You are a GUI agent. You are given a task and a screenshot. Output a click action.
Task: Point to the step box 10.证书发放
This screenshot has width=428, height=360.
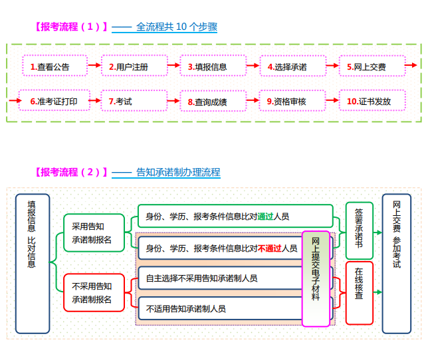pos(368,101)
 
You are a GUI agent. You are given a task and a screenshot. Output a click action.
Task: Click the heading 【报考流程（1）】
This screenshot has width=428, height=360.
pos(69,27)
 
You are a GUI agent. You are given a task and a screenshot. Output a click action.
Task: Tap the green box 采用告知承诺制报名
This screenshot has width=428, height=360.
pos(93,232)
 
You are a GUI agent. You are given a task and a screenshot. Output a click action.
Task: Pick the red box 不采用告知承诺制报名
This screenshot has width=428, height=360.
pos(93,293)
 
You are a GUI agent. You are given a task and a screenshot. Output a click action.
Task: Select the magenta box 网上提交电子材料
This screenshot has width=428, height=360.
pos(316,278)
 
